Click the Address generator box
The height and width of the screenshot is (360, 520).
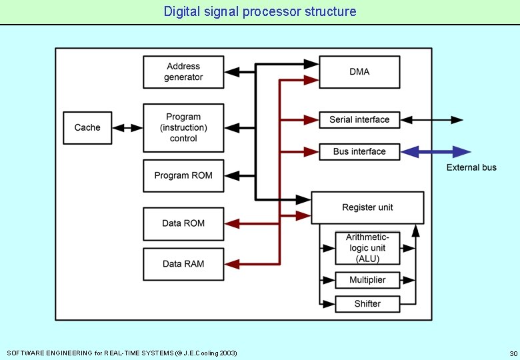[x=183, y=72]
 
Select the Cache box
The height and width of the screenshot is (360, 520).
[x=87, y=127]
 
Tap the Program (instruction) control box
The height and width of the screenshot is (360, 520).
[x=183, y=127]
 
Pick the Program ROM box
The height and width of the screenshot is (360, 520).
[x=183, y=175]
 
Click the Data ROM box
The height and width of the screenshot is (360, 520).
[x=183, y=223]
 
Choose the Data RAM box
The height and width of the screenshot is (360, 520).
[x=183, y=264]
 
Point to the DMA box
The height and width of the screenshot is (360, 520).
[x=359, y=72]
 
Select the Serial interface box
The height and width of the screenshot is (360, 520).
[x=359, y=120]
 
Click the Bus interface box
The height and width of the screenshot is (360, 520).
[x=359, y=152]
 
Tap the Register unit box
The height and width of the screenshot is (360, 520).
[x=367, y=207]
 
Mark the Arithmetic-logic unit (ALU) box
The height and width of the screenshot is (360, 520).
[x=367, y=248]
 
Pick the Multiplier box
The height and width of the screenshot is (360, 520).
[x=367, y=280]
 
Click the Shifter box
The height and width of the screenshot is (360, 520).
[x=367, y=304]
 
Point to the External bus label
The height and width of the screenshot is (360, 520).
[x=471, y=167]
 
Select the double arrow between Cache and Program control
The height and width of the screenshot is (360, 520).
[x=127, y=127]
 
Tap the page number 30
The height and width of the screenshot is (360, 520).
[x=513, y=353]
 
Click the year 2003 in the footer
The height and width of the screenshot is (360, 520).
[x=228, y=353]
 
